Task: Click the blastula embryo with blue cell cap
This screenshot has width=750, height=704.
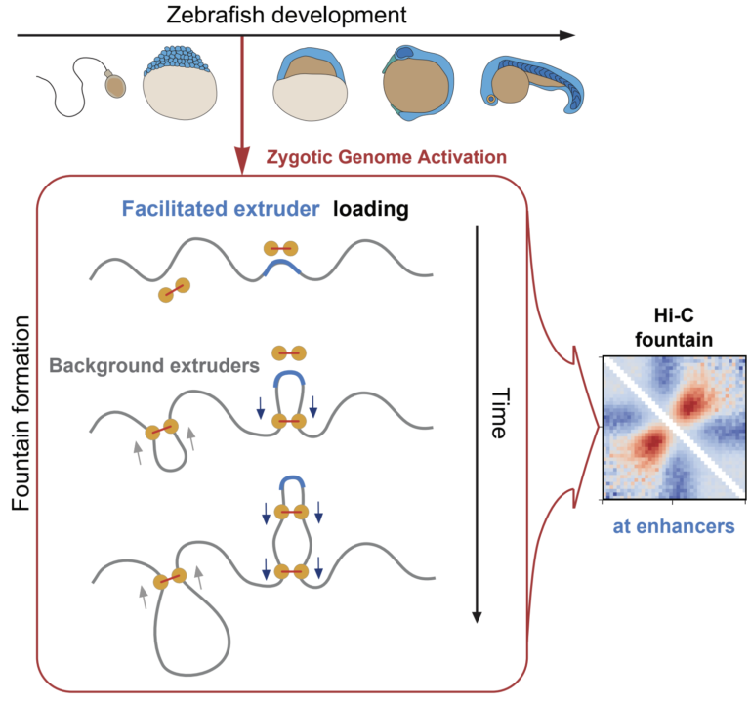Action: tap(180, 83)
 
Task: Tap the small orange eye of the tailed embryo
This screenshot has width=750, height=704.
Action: tap(491, 100)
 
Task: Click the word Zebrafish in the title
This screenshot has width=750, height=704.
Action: tap(215, 15)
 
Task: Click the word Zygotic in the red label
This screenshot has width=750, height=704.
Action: tap(299, 157)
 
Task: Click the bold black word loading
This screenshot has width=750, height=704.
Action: tap(371, 210)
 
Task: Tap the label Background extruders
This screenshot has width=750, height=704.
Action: tap(154, 366)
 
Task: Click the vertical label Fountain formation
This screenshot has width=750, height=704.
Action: tap(21, 413)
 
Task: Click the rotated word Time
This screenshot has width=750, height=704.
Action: tap(499, 413)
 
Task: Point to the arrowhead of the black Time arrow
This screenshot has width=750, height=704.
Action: tap(477, 617)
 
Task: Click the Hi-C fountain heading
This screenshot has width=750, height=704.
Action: tap(674, 328)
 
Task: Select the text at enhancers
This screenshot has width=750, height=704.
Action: tap(674, 526)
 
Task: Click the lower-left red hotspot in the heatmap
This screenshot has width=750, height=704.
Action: tap(650, 441)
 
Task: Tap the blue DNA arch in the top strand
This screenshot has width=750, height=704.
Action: tap(281, 267)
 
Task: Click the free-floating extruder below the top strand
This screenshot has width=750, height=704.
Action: tap(175, 290)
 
